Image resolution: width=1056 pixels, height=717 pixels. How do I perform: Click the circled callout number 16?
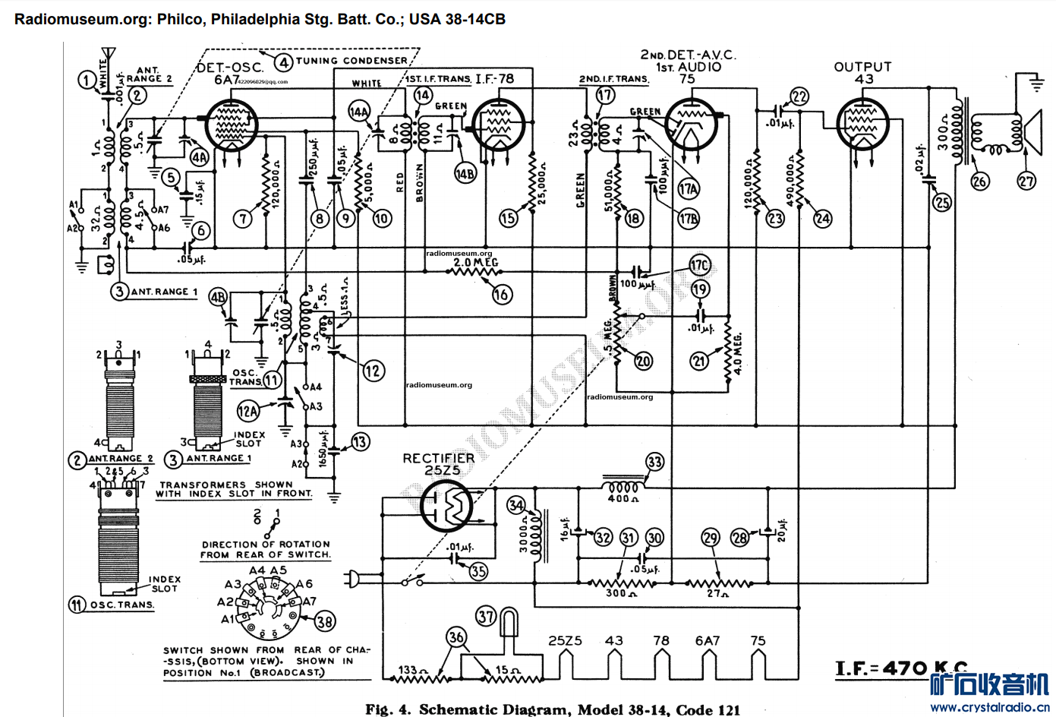pyautogui.click(x=502, y=295)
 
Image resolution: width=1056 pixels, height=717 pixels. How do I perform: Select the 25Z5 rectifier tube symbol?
pyautogui.click(x=447, y=506)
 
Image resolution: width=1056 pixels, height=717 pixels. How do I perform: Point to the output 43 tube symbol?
pyautogui.click(x=862, y=124)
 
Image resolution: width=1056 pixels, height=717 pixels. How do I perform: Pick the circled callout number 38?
pyautogui.click(x=325, y=622)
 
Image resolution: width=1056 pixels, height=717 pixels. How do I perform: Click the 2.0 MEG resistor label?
pyautogui.click(x=476, y=263)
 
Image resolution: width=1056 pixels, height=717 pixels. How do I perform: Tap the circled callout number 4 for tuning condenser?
pyautogui.click(x=283, y=62)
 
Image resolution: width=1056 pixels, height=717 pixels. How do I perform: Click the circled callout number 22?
pyautogui.click(x=799, y=96)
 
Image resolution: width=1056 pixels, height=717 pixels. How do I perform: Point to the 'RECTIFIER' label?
pyautogui.click(x=438, y=458)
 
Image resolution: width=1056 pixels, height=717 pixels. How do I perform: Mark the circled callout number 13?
pyautogui.click(x=360, y=442)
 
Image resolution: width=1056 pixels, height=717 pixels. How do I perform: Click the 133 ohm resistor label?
pyautogui.click(x=413, y=670)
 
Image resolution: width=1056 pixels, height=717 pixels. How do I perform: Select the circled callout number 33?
pyautogui.click(x=654, y=462)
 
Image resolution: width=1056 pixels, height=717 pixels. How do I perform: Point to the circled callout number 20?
pyautogui.click(x=643, y=361)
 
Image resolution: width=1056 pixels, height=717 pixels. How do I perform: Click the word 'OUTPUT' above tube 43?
pyautogui.click(x=862, y=67)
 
